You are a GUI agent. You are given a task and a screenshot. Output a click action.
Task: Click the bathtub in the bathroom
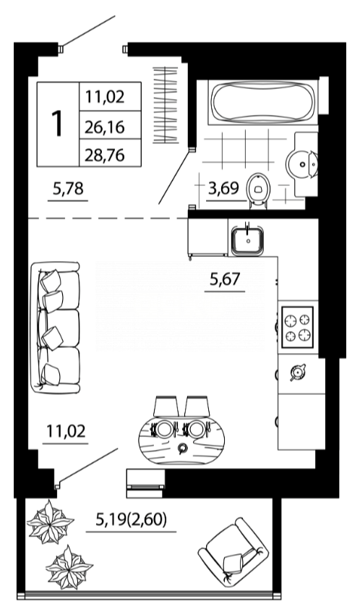click(x=262, y=102)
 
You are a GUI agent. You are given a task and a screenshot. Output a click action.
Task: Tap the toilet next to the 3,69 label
click(x=258, y=191)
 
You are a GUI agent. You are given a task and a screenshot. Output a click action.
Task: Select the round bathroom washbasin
click(x=302, y=164)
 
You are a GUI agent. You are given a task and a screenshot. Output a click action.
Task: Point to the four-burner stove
click(x=297, y=328)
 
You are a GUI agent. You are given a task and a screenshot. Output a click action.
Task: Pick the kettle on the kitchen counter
click(x=297, y=372)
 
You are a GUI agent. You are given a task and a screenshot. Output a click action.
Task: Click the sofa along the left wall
click(x=56, y=328)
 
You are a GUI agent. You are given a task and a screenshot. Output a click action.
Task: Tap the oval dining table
click(x=181, y=440)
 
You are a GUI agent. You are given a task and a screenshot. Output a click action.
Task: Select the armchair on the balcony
click(x=233, y=551)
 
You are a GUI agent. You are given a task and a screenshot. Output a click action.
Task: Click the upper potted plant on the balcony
click(x=50, y=522)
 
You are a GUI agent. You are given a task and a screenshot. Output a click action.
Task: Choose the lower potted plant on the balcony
click(x=69, y=566)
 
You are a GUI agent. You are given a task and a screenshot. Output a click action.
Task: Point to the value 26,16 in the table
click(x=105, y=127)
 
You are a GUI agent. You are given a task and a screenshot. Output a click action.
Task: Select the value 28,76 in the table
click(x=105, y=155)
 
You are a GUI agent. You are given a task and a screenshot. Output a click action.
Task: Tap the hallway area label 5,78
click(x=68, y=189)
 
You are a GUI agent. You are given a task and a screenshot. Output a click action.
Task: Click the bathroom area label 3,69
click(x=223, y=189)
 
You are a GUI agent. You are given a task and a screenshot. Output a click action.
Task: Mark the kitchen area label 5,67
click(x=226, y=279)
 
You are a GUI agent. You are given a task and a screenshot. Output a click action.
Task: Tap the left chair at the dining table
click(x=166, y=407)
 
